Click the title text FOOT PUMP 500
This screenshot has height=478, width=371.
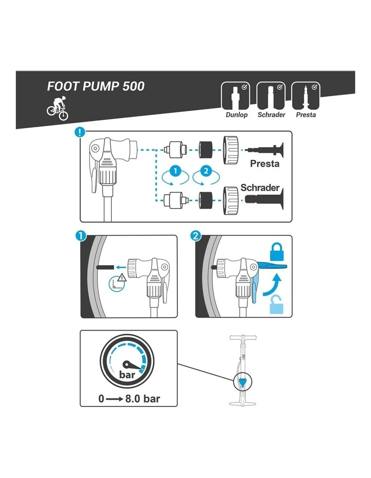96,86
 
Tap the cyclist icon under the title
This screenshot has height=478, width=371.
58,108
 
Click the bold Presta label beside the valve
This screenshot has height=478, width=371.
264,164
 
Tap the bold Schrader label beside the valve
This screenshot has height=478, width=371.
260,187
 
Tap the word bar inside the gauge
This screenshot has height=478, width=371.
127,374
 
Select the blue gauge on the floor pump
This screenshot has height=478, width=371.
242,382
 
